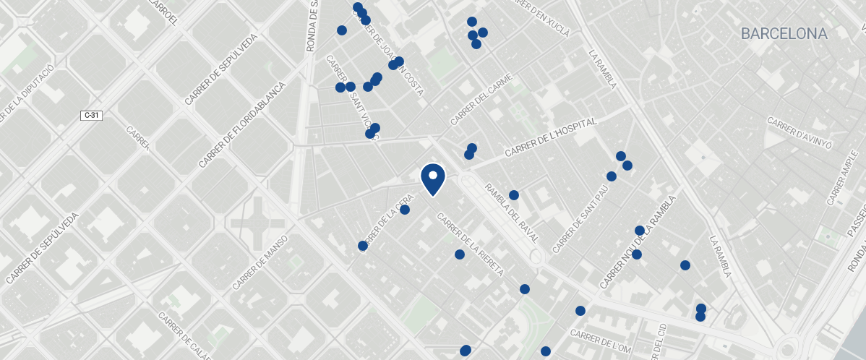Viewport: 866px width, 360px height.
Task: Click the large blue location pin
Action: click(x=432, y=179)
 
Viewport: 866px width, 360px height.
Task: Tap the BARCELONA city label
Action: click(x=784, y=34)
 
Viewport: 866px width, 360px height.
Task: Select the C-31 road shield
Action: click(x=90, y=115)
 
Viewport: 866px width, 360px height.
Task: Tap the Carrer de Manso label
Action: click(x=260, y=262)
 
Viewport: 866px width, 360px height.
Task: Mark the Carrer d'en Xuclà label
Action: click(x=539, y=16)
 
